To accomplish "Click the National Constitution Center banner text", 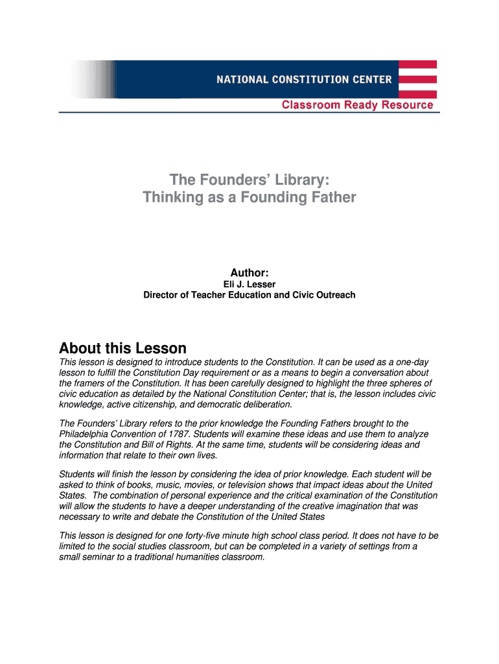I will [304, 80].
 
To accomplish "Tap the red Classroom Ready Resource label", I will [357, 105].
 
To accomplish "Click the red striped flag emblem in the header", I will [417, 79].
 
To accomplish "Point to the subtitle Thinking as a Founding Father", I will [250, 197].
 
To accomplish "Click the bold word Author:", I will [250, 272].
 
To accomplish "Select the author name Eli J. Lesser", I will [250, 285].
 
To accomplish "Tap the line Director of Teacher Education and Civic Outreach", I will [250, 295].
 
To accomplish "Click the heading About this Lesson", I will [122, 348].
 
